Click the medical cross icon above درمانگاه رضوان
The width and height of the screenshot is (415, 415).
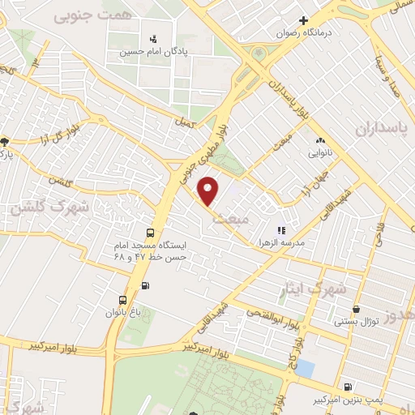point(304,20)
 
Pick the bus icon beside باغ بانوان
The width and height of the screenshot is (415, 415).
point(122,298)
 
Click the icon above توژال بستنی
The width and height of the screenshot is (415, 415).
point(357,309)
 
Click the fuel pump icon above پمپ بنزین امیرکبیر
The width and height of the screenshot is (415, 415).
point(348,387)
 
